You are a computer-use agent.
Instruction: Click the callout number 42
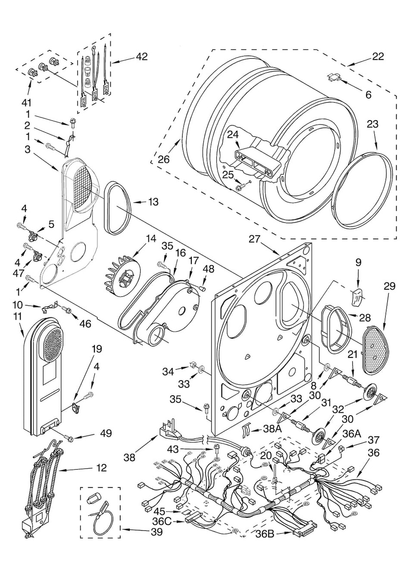click(x=141, y=56)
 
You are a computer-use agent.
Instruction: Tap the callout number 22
click(x=378, y=56)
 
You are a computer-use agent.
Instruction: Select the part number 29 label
click(x=389, y=286)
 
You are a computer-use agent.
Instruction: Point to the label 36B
click(x=265, y=534)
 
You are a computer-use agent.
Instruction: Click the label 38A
click(x=272, y=429)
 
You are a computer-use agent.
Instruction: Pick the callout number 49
click(x=106, y=433)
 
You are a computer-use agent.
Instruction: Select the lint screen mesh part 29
click(x=376, y=350)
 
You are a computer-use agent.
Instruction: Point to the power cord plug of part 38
click(x=169, y=431)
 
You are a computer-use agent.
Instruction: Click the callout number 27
click(x=255, y=238)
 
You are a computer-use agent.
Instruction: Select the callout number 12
click(x=101, y=468)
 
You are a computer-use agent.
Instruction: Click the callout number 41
click(x=27, y=102)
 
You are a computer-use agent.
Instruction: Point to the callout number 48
click(x=208, y=269)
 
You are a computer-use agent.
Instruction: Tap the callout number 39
click(x=156, y=532)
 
